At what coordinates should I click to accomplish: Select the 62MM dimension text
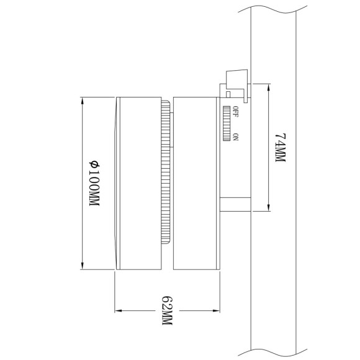pos(166,310)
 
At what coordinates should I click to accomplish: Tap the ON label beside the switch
pos(236,137)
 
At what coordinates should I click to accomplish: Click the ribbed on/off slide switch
pos(228,124)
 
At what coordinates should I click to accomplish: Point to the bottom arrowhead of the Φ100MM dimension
pos(83,267)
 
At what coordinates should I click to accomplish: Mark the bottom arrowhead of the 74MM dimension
pos(268,209)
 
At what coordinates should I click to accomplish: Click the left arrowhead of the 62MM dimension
pos(118,309)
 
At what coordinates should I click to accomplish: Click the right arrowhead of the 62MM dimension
pos(218,309)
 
